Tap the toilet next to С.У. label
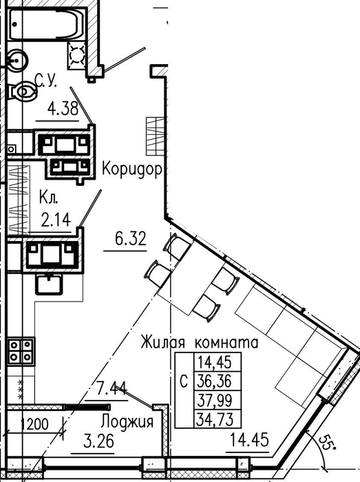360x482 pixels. (22, 91)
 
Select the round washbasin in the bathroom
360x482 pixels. (16, 61)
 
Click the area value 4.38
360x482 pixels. (63, 109)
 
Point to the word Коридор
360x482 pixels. (132, 169)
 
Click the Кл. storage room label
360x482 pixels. (49, 198)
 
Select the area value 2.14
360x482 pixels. (56, 220)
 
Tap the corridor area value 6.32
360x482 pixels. (131, 238)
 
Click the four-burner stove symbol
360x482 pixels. (21, 351)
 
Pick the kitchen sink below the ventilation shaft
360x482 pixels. (50, 284)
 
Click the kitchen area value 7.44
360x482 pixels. (112, 388)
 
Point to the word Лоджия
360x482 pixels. (127, 421)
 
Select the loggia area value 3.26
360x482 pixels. (98, 441)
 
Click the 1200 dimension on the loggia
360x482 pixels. (34, 424)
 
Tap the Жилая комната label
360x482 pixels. (200, 342)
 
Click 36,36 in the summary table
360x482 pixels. (215, 381)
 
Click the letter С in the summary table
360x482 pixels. (184, 381)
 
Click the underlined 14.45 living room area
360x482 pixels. (249, 439)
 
